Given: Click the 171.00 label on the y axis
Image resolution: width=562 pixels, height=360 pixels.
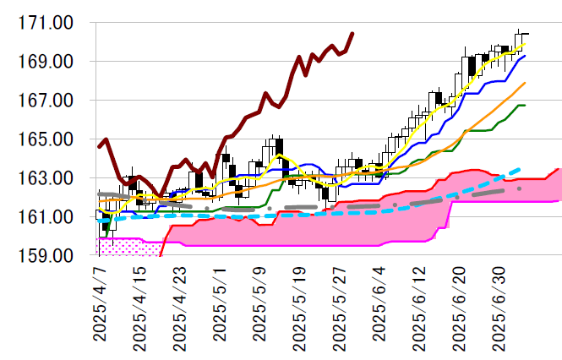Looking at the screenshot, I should point(50,24).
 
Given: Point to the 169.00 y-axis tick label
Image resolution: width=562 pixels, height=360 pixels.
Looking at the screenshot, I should point(50,63).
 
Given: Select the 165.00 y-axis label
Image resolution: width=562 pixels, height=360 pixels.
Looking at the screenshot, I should point(50,139).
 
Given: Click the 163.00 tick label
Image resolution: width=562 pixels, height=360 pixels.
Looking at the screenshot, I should point(50,178).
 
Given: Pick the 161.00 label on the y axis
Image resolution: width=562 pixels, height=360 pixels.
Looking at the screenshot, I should point(50,217).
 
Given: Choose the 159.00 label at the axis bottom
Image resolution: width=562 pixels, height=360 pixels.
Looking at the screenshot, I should point(50,255).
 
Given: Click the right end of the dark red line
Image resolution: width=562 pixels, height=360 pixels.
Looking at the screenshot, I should point(352,33).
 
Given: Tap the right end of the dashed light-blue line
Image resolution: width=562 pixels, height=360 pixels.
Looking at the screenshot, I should point(519,169).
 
